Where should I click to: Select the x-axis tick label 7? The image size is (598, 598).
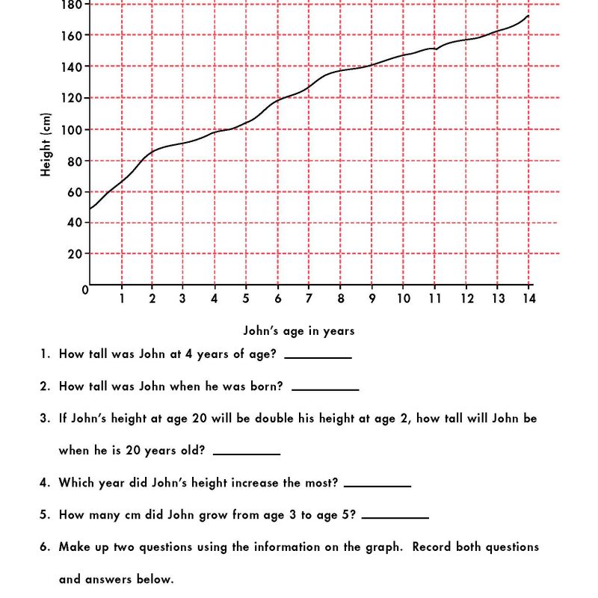(x=308, y=299)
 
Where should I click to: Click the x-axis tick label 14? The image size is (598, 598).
(x=528, y=299)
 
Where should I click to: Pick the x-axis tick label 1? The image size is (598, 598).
(x=121, y=299)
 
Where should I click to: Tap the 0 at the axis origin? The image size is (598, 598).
(x=85, y=289)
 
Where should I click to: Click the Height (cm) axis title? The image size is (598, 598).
(x=46, y=145)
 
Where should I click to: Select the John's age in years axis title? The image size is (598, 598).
(x=299, y=330)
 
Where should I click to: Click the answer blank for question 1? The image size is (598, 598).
(x=318, y=357)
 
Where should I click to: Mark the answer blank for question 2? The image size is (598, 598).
(x=325, y=389)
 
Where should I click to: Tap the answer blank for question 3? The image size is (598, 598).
(x=247, y=453)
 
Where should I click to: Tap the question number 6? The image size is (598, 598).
(x=44, y=547)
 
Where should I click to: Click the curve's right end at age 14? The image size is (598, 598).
(x=528, y=16)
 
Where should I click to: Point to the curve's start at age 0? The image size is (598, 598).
(x=90, y=209)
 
